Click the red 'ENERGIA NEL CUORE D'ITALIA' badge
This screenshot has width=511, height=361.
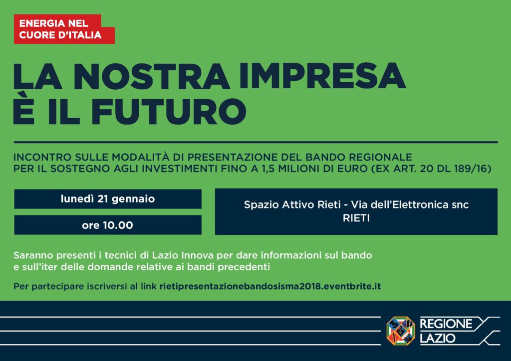64,29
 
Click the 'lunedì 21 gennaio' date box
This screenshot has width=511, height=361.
108,199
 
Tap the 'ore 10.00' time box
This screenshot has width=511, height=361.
108,225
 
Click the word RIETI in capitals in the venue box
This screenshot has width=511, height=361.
356,218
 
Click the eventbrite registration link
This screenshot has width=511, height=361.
270,286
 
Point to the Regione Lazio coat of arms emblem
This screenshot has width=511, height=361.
401,331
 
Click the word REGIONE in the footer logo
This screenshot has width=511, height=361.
446,324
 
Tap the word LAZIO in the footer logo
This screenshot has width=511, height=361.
437,338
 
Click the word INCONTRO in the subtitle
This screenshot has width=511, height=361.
42,157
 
